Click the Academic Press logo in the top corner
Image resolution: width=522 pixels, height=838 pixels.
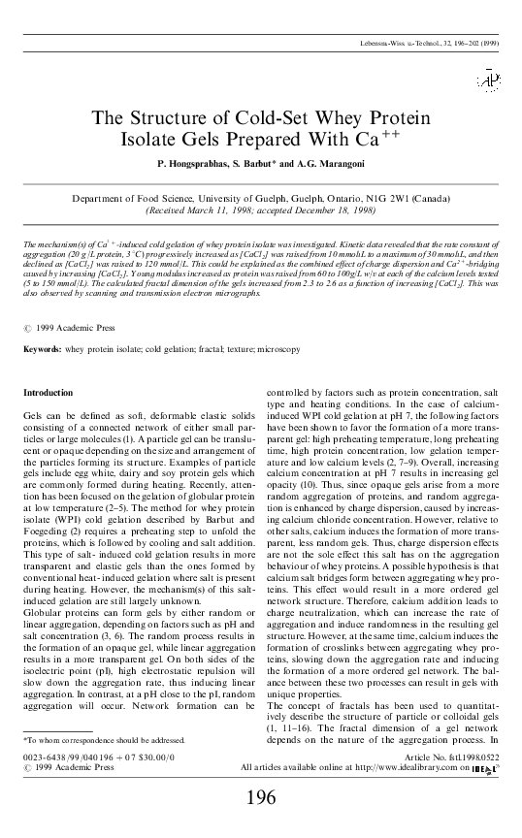pos(487,81)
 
